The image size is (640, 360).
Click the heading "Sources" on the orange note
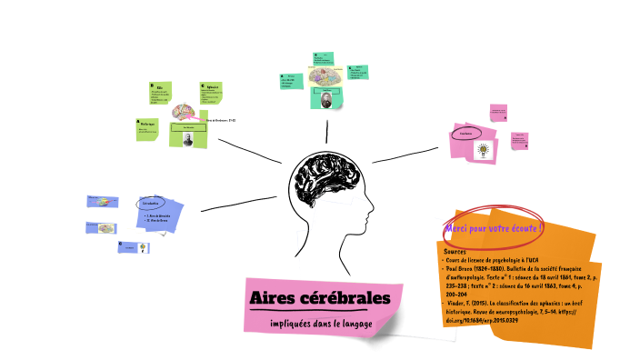(x=455, y=250)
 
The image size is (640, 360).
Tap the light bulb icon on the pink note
(x=484, y=149)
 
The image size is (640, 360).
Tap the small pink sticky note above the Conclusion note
(x=498, y=113)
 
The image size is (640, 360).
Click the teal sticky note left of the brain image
(x=291, y=81)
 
